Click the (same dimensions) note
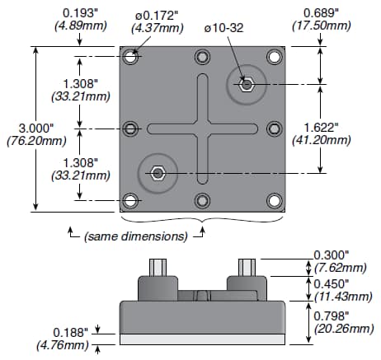pos(134,236)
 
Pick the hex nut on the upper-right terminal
pos(246,84)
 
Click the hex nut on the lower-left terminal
pos(159,173)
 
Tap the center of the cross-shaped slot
pos(203,129)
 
